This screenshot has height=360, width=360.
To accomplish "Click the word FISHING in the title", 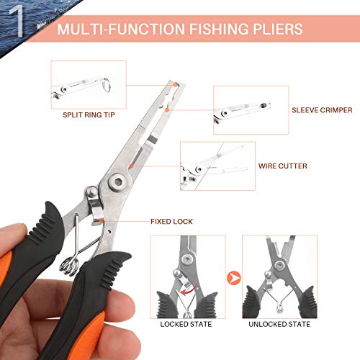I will point(210,30).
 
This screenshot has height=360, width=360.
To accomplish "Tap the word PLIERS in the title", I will point(277,30).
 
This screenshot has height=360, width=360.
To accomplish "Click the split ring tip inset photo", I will point(89,83).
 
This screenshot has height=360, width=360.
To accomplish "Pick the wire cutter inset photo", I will point(217,164).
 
